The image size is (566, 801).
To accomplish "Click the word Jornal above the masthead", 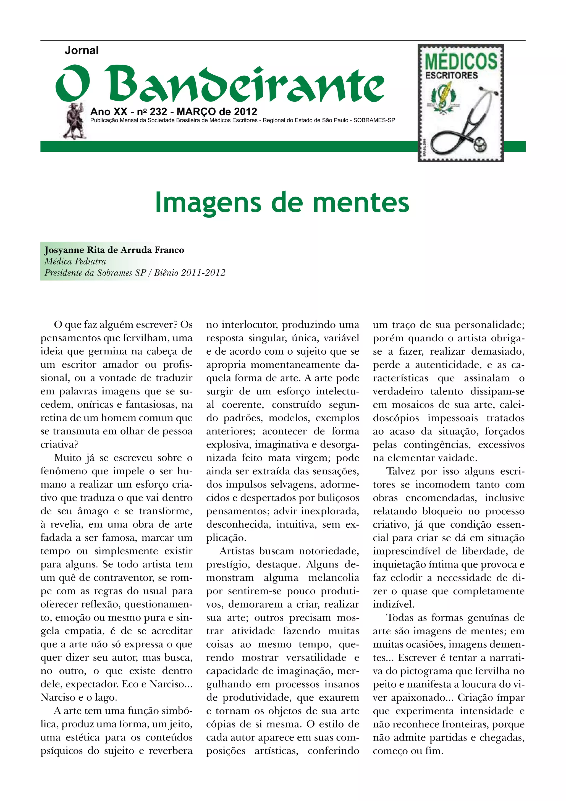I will pos(82,51).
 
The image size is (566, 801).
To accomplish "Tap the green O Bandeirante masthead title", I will pos(220,84).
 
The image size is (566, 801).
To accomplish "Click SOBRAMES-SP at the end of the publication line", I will pos(374,120).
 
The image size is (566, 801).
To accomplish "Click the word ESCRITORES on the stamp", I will pos(451,76).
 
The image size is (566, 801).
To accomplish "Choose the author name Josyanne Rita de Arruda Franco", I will pos(114,250).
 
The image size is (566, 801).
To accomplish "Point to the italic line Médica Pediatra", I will pos(75,261).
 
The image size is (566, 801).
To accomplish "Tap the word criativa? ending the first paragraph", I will pos(59,444).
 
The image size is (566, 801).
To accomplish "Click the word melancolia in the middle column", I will pos(333,578).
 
